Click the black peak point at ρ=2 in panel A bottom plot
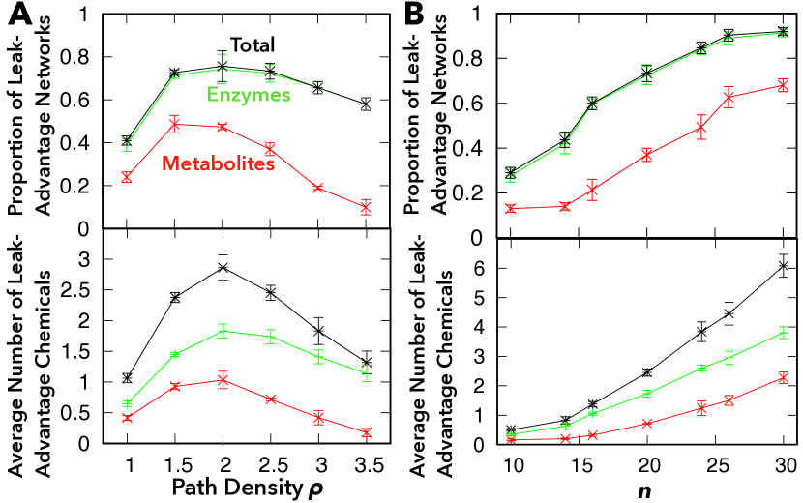point(223,267)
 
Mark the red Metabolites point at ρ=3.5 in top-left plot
point(366,207)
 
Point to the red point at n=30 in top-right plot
point(782,85)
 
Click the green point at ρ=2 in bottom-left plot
point(223,331)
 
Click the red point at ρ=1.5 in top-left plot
point(175,124)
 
